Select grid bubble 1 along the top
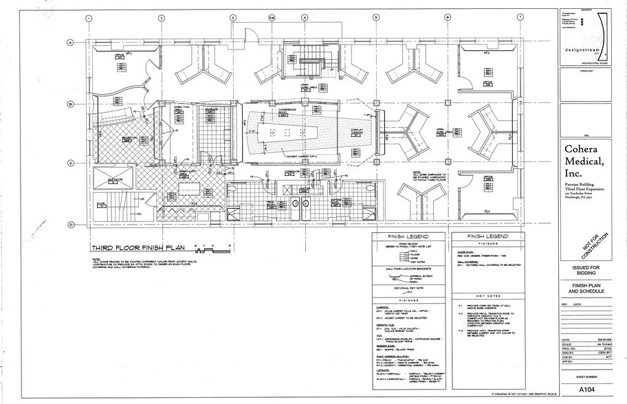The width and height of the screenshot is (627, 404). click(89, 18)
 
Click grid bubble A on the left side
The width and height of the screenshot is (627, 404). click(70, 43)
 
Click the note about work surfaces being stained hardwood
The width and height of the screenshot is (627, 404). click(424, 179)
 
